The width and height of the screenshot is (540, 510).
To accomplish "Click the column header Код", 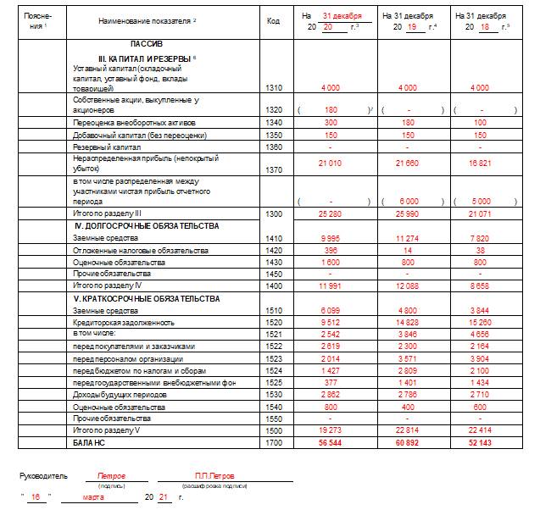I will (273, 19).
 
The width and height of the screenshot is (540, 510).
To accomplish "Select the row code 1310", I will (273, 88).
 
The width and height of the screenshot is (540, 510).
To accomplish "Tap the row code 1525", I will (273, 382).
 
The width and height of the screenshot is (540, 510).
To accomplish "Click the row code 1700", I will (273, 443).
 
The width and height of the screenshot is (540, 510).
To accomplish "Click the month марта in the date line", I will (96, 497).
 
